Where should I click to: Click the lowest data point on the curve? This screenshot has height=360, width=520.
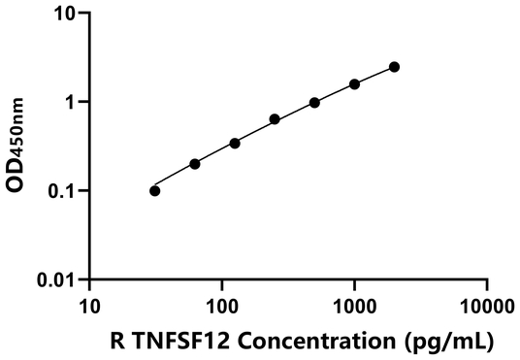(x=155, y=190)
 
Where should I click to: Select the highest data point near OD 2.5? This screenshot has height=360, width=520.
(x=395, y=67)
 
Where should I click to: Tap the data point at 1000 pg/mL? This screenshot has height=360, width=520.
(x=355, y=84)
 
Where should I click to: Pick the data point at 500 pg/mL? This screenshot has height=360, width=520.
(x=315, y=103)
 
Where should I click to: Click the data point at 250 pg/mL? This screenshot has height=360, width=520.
(x=275, y=119)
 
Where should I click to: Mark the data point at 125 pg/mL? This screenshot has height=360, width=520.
(x=235, y=143)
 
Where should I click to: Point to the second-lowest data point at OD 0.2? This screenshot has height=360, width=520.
(x=195, y=164)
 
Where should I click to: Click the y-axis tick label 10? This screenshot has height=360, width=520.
(x=63, y=14)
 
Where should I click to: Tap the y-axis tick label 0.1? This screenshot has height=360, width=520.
(x=61, y=191)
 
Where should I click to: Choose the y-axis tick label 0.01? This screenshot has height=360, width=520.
(x=55, y=280)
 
